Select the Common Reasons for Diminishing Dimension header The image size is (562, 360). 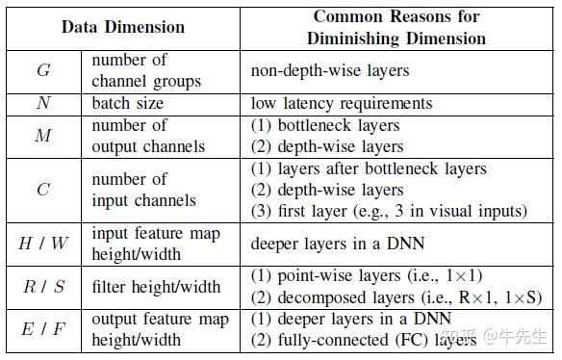coord(396,27)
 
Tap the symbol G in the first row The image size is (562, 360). coord(43,70)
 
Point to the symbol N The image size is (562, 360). coord(43,103)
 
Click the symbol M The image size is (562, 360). coord(43,136)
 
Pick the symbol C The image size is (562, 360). coord(43,190)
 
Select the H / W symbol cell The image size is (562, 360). coord(43,244)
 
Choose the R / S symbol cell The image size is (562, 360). coord(43,287)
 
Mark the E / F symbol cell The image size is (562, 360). coord(43,330)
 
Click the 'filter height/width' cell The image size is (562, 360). coord(155,287)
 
